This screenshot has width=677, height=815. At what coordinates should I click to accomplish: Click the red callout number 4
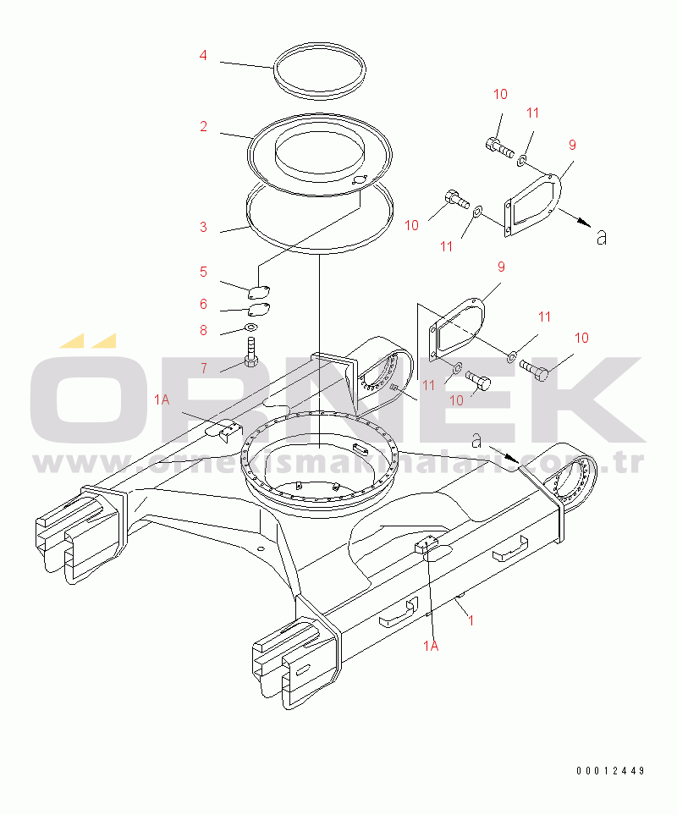(x=203, y=55)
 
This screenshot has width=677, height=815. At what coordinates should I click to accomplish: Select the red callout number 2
(x=204, y=126)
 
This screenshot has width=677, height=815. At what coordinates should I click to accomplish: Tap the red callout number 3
(x=204, y=227)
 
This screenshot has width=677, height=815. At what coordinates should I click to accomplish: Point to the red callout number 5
(x=204, y=272)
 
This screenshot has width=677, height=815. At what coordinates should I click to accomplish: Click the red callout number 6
(x=204, y=304)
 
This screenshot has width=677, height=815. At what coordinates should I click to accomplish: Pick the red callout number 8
(x=204, y=330)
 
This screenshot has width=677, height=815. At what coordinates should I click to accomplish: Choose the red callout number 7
(x=204, y=368)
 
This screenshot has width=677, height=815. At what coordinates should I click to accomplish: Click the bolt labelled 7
(x=251, y=352)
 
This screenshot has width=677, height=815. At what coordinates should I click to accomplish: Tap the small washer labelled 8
(x=251, y=328)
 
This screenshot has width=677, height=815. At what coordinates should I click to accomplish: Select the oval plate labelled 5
(x=259, y=292)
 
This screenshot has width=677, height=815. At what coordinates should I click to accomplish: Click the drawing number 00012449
(x=610, y=770)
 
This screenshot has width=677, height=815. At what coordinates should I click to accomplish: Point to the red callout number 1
(x=471, y=620)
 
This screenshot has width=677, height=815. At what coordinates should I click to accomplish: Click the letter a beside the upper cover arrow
(x=602, y=238)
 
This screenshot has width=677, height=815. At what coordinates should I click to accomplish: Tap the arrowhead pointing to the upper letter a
(x=586, y=223)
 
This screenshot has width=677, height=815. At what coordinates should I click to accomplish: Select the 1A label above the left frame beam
(x=162, y=399)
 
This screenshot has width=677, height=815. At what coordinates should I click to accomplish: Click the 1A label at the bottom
(x=431, y=646)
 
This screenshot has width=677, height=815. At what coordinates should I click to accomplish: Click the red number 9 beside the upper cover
(x=572, y=145)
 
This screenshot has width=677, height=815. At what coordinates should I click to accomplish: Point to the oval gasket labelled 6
(x=259, y=309)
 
